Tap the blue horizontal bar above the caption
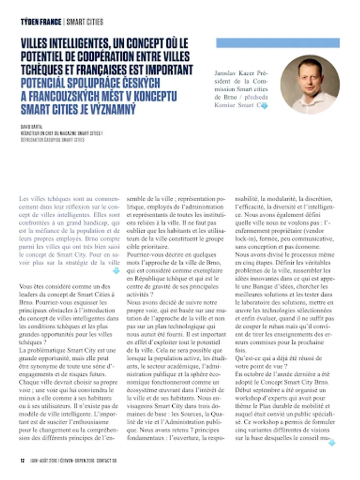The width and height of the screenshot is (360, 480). pos(277,43)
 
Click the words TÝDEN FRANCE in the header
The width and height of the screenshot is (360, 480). pos(41,22)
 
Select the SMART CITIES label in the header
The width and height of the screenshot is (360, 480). pos(85,22)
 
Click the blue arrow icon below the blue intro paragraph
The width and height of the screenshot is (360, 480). pos(116,271)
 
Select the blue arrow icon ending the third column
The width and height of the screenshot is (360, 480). pos(332,442)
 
